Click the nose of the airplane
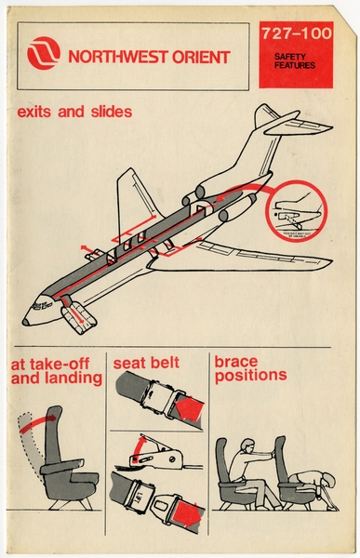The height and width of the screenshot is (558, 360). pos(29,319)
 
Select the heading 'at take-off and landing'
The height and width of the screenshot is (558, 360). pos(56,371)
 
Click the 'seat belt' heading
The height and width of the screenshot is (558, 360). pos(146,363)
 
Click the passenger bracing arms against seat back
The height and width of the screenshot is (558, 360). pos(248,465)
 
